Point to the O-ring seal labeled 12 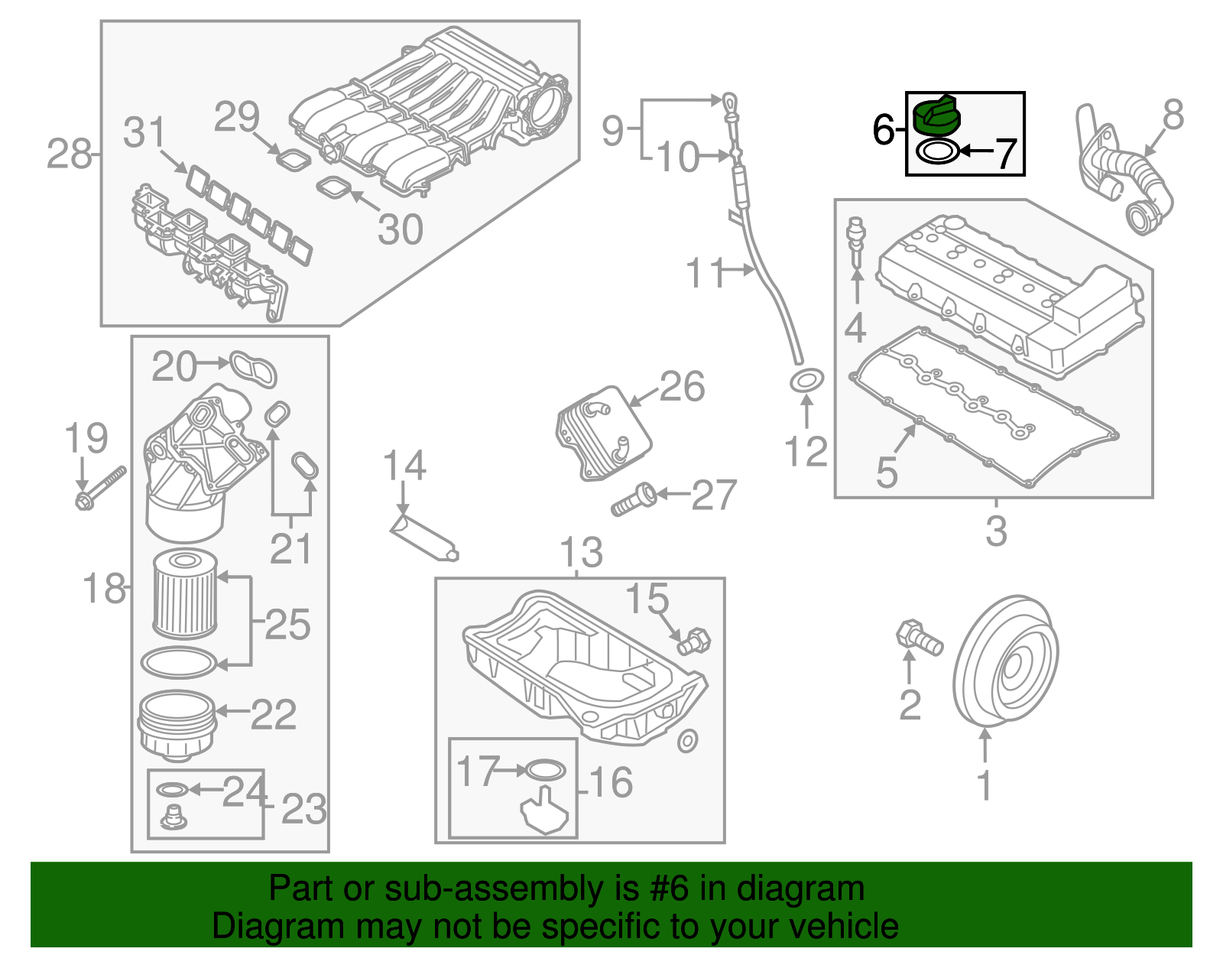click(806, 380)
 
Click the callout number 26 click(682, 387)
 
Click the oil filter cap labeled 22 click(176, 723)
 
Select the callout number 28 click(69, 154)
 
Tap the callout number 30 click(400, 229)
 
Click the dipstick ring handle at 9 click(730, 101)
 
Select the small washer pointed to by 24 click(171, 789)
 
